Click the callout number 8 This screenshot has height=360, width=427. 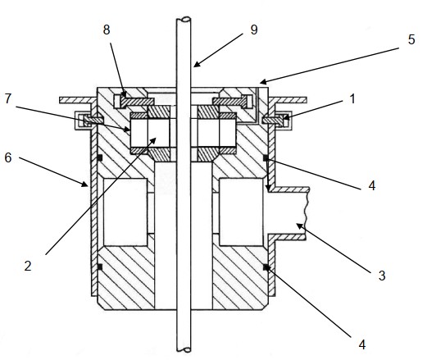[107, 30]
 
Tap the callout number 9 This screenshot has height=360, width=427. [254, 30]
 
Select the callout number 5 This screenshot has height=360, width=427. [411, 39]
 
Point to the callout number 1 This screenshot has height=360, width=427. [352, 98]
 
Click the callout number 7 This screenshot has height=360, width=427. [8, 98]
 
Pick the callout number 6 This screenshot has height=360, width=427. [8, 157]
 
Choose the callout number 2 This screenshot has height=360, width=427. [28, 266]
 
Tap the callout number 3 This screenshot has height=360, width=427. [382, 276]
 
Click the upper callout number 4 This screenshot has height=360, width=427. [372, 185]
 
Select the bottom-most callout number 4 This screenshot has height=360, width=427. [362, 344]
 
